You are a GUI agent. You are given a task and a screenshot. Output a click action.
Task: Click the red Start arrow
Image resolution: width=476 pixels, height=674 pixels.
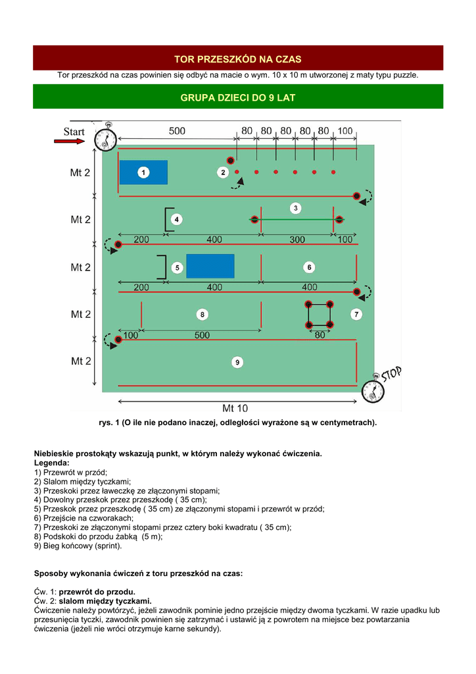pyautogui.click(x=70, y=141)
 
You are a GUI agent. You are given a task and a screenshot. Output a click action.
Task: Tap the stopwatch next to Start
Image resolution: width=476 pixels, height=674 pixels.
pyautogui.click(x=106, y=138)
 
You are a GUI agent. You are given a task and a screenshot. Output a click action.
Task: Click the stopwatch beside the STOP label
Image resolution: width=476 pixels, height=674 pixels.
pyautogui.click(x=373, y=390)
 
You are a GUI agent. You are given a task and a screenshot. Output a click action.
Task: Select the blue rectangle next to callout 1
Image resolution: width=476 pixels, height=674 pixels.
pyautogui.click(x=144, y=172)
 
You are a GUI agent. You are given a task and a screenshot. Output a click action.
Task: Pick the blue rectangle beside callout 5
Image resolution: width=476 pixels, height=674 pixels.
pyautogui.click(x=210, y=266)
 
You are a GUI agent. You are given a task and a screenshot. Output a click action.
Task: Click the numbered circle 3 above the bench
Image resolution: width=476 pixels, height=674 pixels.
pyautogui.click(x=295, y=209)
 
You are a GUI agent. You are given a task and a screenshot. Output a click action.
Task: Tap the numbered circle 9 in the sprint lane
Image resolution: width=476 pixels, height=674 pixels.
pyautogui.click(x=237, y=363)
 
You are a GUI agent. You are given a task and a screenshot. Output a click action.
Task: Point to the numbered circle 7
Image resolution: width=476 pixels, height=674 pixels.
pyautogui.click(x=356, y=314)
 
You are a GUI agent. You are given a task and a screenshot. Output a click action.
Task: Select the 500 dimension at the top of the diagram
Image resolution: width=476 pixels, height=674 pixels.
pyautogui.click(x=177, y=131)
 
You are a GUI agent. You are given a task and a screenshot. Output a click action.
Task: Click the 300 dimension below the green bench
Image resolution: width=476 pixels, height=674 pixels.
pyautogui.click(x=297, y=240)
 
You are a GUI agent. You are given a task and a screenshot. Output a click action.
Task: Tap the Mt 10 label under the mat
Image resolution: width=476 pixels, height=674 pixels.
pyautogui.click(x=235, y=408)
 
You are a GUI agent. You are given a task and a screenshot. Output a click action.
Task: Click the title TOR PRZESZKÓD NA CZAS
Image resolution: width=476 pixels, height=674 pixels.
pyautogui.click(x=238, y=59)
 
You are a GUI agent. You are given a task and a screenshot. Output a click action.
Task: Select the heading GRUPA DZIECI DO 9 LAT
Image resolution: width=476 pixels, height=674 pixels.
pyautogui.click(x=238, y=97)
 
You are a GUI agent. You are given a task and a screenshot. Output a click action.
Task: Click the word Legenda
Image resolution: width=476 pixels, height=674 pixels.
pyautogui.click(x=51, y=463)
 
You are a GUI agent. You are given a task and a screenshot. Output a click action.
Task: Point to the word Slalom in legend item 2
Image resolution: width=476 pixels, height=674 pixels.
pyautogui.click(x=55, y=482)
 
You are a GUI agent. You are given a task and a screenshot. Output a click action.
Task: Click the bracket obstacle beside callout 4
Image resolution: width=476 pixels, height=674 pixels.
pyautogui.click(x=170, y=220)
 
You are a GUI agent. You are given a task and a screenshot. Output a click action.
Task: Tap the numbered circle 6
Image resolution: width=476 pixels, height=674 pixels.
pyautogui.click(x=309, y=267)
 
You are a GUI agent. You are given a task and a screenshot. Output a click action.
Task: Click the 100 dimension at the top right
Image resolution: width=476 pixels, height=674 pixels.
pyautogui.click(x=345, y=131)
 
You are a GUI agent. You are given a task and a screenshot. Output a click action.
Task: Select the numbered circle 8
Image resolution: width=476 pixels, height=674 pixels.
pyautogui.click(x=202, y=315)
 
